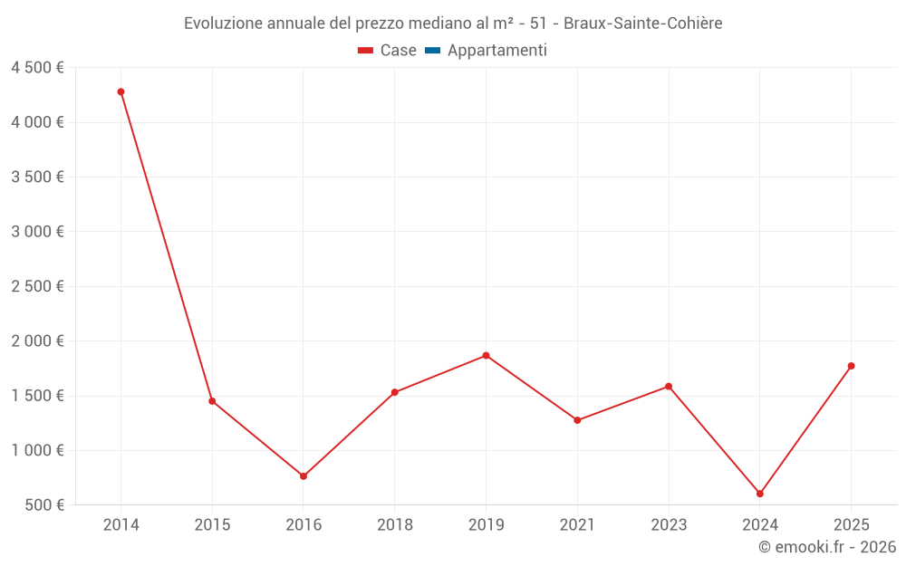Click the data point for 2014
click(x=120, y=91)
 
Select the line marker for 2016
click(x=304, y=476)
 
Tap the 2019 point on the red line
click(x=486, y=356)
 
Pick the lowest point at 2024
click(x=760, y=494)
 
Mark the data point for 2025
click(x=851, y=366)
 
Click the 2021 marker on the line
click(x=577, y=420)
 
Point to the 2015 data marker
click(x=212, y=401)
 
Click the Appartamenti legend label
click(x=496, y=51)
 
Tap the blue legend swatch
click(x=432, y=51)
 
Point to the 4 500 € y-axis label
click(x=37, y=68)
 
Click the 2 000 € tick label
click(x=37, y=341)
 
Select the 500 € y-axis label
click(x=43, y=505)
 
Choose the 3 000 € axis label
click(x=37, y=232)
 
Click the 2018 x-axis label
click(x=395, y=525)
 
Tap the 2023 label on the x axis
click(x=669, y=525)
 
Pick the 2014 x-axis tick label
click(x=120, y=525)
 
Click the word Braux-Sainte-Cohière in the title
click(x=643, y=24)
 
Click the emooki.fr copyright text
click(x=827, y=547)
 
